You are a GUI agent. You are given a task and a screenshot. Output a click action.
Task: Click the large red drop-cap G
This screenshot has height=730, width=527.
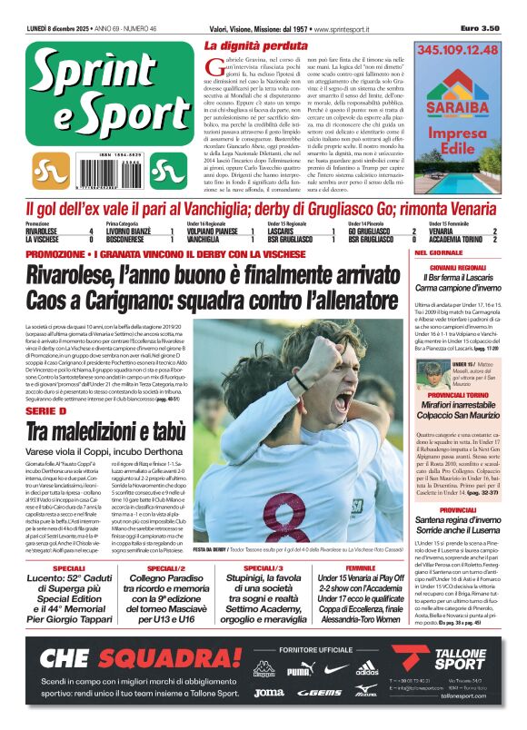(213, 65)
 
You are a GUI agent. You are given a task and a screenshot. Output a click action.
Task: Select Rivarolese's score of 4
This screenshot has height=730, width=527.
(91, 232)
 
